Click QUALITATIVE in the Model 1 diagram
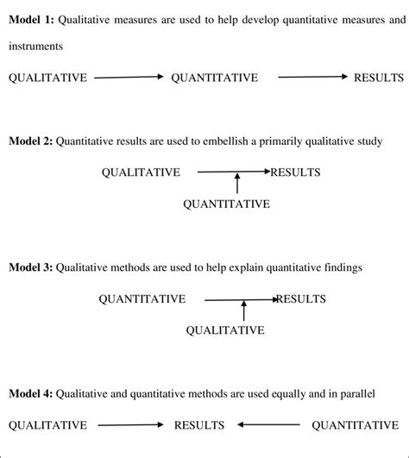click(x=47, y=78)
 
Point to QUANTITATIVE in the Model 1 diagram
click(x=215, y=78)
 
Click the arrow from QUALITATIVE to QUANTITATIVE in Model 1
click(x=128, y=78)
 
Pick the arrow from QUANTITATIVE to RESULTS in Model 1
click(x=311, y=78)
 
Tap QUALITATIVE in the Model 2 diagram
click(x=141, y=172)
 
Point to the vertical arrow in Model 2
click(x=237, y=185)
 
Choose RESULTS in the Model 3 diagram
click(x=301, y=299)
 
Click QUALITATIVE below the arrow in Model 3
click(x=226, y=330)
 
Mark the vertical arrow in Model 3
click(x=244, y=311)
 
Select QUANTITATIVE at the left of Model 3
click(x=142, y=299)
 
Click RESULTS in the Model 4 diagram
click(x=199, y=425)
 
